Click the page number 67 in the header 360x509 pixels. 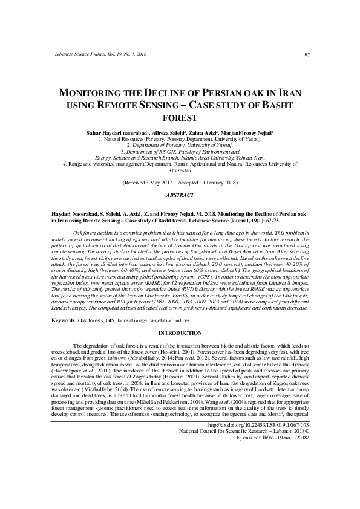pyautogui.click(x=307, y=55)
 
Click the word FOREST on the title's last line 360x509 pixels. pyautogui.click(x=180, y=118)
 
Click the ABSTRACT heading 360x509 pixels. pyautogui.click(x=180, y=195)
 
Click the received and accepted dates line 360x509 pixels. pyautogui.click(x=180, y=182)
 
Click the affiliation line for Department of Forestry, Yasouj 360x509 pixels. pyautogui.click(x=180, y=146)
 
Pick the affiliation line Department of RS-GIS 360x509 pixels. pyautogui.click(x=180, y=152)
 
